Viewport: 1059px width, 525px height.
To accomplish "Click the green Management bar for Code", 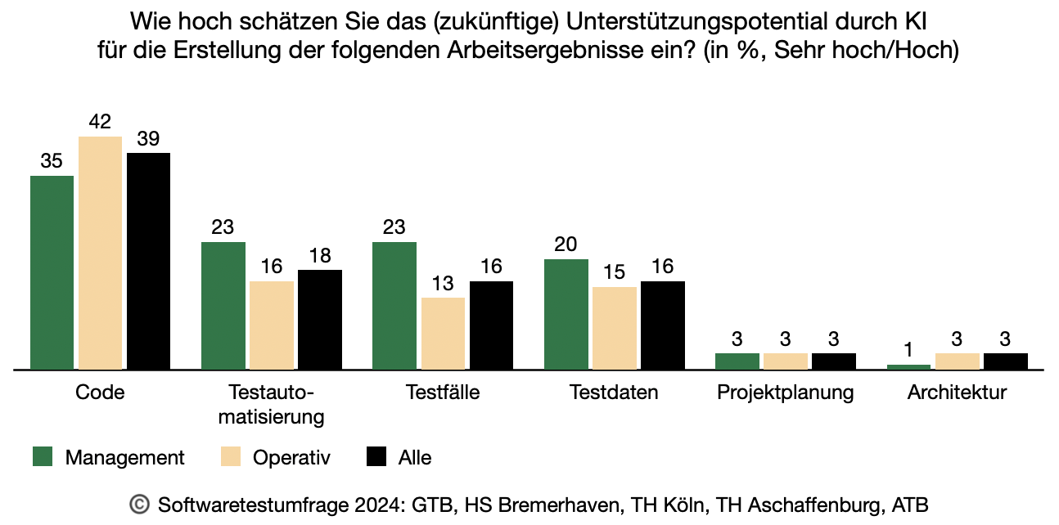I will tap(52, 272).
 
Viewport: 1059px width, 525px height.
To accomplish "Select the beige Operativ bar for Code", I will tap(100, 253).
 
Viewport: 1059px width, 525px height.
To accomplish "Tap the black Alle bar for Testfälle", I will tap(491, 325).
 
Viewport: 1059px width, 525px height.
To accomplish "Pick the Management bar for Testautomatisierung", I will tap(223, 306).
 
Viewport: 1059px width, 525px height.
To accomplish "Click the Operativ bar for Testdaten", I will tap(614, 328).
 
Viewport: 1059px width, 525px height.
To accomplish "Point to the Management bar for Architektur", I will tap(908, 367).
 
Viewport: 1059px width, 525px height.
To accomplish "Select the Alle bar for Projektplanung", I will tap(833, 361).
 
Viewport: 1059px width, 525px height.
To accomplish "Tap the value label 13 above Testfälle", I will tap(443, 284).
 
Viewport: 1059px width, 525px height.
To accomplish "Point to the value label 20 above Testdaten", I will tap(566, 245).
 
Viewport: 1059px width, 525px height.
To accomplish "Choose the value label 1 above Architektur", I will tap(908, 350).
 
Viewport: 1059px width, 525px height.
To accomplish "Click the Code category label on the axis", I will tap(100, 393).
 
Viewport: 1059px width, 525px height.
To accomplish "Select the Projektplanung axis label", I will tap(785, 393).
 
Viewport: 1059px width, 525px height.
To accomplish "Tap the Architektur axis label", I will tap(957, 393).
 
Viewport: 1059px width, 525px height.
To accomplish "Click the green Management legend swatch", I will tap(43, 457).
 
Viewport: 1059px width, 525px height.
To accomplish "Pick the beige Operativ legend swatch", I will tap(230, 457).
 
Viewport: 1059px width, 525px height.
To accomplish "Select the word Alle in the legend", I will tap(415, 458).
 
